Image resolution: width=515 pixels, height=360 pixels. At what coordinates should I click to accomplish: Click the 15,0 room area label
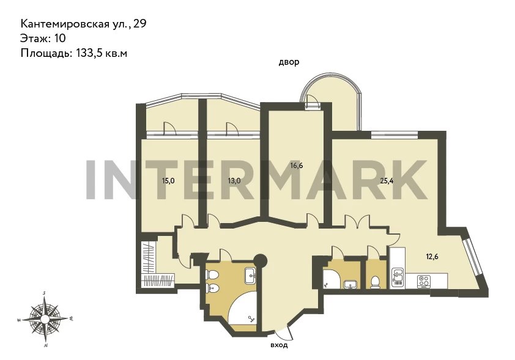point(168,180)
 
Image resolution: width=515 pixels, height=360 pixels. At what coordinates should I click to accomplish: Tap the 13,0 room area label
point(234,180)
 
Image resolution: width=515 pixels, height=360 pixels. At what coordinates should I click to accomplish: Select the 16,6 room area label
point(297,166)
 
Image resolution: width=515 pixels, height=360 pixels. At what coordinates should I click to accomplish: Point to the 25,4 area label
point(387,180)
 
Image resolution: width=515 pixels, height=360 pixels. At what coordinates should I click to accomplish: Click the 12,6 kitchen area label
point(432,257)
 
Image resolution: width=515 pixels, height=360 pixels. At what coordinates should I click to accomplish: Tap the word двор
point(289,62)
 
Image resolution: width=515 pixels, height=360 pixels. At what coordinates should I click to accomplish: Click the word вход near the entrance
point(279,345)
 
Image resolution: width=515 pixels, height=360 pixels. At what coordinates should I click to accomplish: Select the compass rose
point(45,318)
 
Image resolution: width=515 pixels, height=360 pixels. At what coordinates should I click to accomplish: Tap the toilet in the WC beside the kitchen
point(375,282)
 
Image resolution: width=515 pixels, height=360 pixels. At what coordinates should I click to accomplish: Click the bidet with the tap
point(212,288)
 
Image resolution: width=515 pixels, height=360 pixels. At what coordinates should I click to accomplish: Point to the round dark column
point(261,261)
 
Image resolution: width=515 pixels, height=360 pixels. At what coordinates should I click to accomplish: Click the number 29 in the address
point(140,24)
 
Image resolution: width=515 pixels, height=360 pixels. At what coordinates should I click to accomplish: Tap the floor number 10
point(60,39)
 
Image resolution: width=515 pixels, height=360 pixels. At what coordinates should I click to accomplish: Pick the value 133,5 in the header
point(89,53)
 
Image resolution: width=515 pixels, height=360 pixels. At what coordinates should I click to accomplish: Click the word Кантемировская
point(64,24)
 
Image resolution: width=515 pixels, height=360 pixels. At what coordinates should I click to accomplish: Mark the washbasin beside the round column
point(251,275)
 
